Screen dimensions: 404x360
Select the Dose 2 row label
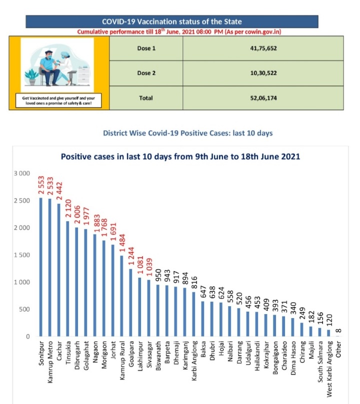pyautogui.click(x=146, y=73)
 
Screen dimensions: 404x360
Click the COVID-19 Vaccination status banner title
pyautogui.click(x=171, y=21)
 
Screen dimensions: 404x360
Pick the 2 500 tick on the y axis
pyautogui.click(x=23, y=201)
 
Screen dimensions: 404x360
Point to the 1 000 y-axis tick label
pyautogui.click(x=23, y=282)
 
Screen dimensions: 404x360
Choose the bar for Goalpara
pyautogui.click(x=130, y=303)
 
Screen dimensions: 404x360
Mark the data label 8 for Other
pyautogui.click(x=339, y=328)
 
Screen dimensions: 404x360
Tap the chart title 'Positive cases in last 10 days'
pyautogui.click(x=180, y=156)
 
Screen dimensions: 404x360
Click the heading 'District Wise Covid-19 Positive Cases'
pyautogui.click(x=187, y=133)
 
